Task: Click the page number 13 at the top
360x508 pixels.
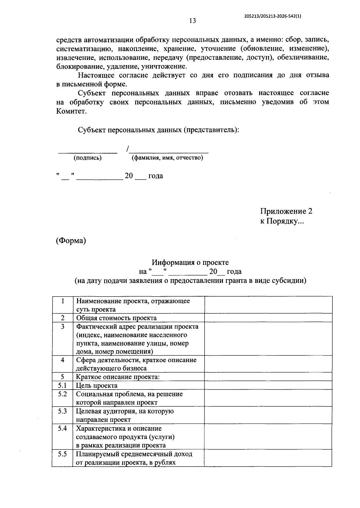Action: tap(192, 21)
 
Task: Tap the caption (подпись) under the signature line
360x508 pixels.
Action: tap(88, 158)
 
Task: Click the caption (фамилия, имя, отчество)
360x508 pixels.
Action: tap(167, 158)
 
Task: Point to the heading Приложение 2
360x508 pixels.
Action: tap(286, 211)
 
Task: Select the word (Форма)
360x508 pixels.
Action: tap(71, 241)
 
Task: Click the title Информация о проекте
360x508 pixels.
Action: tap(190, 262)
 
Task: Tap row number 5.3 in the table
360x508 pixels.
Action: tap(62, 411)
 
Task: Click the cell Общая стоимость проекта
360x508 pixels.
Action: tap(116, 318)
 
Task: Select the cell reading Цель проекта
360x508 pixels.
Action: tap(97, 385)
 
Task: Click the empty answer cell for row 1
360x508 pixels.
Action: tap(268, 305)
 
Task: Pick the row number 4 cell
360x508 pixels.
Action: tap(62, 360)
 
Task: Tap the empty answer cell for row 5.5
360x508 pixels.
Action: tap(268, 458)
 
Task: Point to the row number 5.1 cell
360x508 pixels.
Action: tap(62, 385)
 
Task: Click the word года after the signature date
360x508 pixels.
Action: tap(155, 176)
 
